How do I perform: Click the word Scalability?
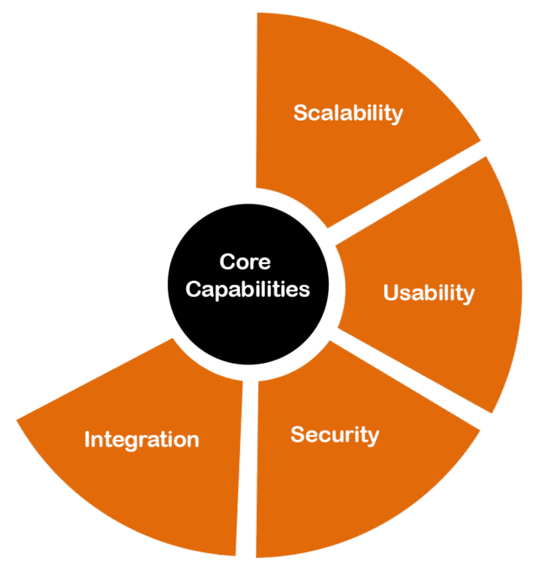348,113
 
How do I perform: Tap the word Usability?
429,292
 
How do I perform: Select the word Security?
335,435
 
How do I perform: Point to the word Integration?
142,439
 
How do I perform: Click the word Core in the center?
245,261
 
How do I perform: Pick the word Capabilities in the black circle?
247,290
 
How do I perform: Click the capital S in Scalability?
300,112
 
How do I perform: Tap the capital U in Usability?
391,292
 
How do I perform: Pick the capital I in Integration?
87,438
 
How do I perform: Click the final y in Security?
373,437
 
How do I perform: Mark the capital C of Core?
227,261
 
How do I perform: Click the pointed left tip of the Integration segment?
18,420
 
